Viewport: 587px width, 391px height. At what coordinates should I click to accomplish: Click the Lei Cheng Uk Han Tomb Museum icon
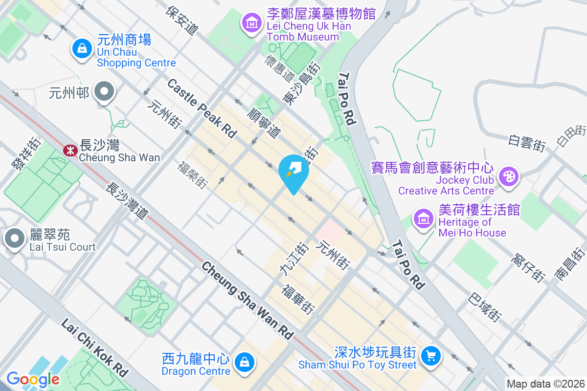251,22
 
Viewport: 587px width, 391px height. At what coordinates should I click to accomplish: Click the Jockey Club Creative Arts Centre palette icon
509,176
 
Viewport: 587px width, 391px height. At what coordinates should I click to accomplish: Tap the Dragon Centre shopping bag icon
243,362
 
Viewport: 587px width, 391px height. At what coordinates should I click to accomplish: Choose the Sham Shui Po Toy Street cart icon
431,356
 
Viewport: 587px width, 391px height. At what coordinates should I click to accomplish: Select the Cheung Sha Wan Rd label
248,301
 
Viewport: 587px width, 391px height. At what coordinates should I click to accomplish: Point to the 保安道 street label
182,21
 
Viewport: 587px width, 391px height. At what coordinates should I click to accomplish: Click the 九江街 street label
293,259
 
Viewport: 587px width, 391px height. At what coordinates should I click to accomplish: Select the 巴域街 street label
485,307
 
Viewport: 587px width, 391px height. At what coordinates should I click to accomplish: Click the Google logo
33,379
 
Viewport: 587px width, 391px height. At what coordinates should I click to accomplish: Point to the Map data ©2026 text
545,384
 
